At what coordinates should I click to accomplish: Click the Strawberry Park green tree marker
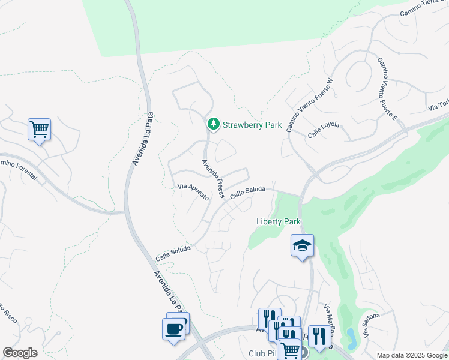click(213, 124)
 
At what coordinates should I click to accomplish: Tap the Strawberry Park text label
click(252, 125)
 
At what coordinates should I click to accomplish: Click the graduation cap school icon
click(302, 245)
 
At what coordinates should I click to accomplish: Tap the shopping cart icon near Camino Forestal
click(39, 129)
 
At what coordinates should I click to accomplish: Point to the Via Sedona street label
click(371, 325)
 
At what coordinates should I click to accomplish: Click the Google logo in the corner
click(20, 352)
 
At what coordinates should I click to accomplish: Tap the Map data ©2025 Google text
click(412, 355)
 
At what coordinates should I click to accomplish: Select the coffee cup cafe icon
click(173, 329)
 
